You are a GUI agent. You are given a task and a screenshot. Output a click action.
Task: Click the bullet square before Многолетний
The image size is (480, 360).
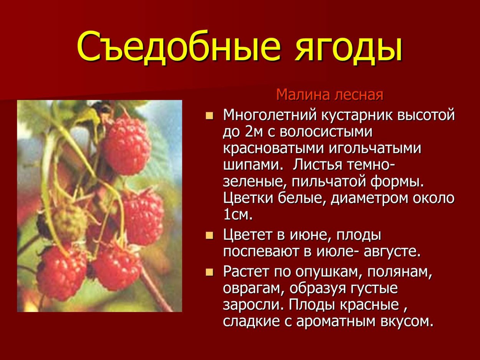(x=209, y=116)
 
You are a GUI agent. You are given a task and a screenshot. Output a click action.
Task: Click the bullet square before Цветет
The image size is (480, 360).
(x=209, y=235)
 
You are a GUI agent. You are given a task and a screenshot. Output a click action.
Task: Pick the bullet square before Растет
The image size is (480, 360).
(x=209, y=272)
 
